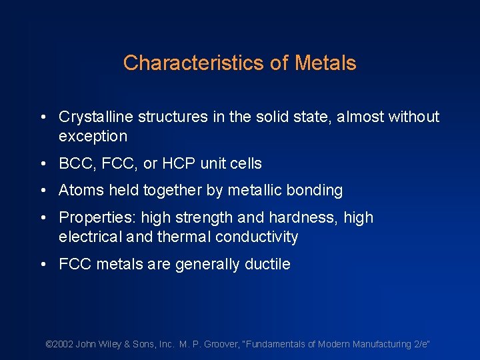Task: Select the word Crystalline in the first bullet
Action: tap(96, 117)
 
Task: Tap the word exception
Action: tap(93, 137)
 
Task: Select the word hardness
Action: tap(297, 218)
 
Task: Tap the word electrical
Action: tap(88, 237)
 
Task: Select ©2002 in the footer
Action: tap(59, 344)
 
